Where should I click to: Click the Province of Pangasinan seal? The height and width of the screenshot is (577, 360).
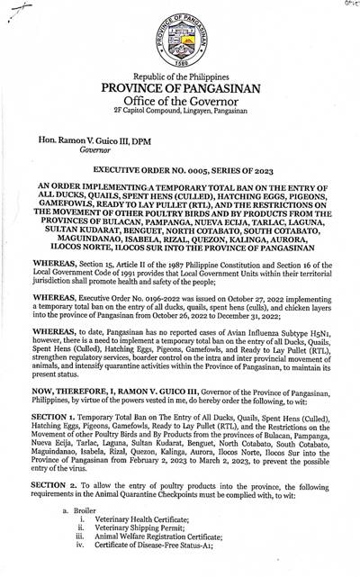(x=179, y=40)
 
